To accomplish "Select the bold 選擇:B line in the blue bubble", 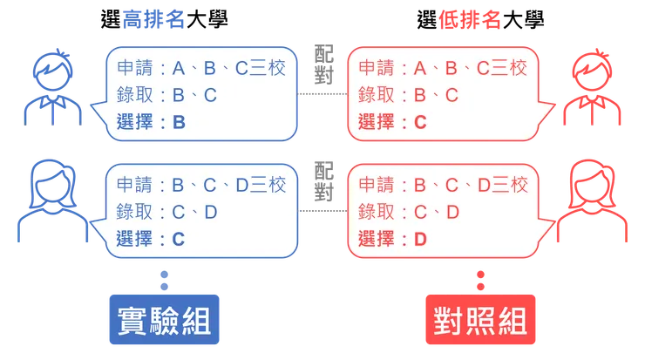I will coord(151,122).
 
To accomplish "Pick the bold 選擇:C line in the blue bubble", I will coord(151,237).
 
